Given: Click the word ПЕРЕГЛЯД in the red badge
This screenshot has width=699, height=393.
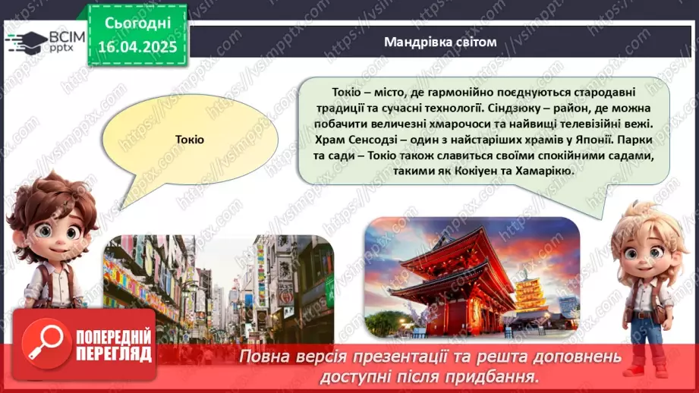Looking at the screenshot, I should pyautogui.click(x=114, y=354).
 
